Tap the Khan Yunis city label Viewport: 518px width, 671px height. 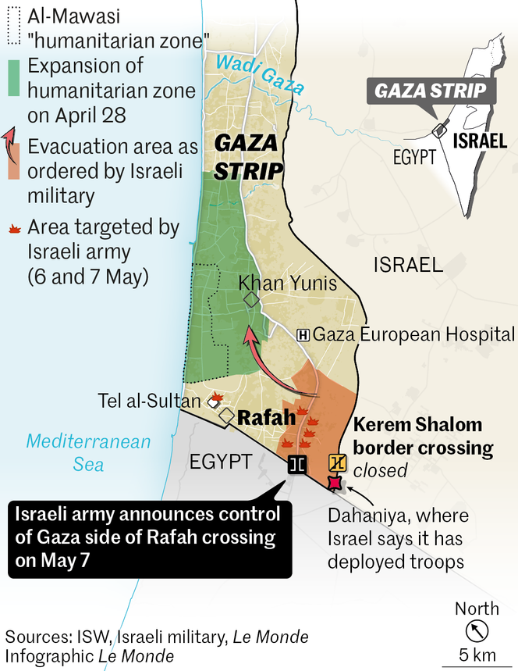click(x=288, y=283)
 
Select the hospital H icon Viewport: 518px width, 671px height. click(x=303, y=335)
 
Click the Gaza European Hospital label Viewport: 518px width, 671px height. click(x=413, y=335)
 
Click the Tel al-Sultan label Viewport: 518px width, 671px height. click(x=149, y=402)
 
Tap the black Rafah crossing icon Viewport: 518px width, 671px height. click(x=296, y=464)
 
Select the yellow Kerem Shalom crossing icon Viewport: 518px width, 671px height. click(x=337, y=462)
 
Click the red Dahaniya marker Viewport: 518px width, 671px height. click(x=335, y=484)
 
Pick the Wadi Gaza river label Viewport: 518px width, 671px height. click(x=260, y=73)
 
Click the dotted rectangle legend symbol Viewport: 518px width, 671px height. click(x=12, y=27)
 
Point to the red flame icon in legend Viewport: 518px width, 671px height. click(x=13, y=229)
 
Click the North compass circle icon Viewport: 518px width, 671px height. click(x=473, y=630)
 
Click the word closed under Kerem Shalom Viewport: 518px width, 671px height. click(x=381, y=470)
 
